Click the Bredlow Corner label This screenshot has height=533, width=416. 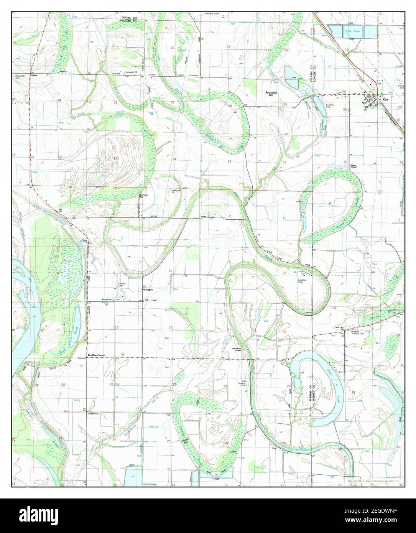click(x=96, y=355)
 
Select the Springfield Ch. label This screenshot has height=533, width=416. click(x=130, y=72)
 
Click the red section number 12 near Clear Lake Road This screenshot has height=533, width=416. click(x=284, y=273)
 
